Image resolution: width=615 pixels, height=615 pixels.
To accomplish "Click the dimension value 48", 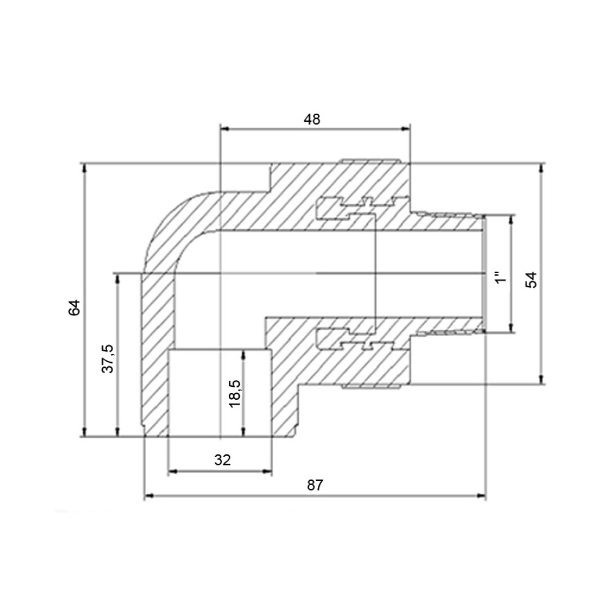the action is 312,119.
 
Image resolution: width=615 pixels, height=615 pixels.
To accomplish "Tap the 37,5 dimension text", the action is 107,359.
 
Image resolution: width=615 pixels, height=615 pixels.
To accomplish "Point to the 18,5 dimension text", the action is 235,394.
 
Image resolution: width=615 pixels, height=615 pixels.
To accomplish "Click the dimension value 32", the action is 223,459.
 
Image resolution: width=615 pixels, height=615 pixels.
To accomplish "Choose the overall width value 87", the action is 315,485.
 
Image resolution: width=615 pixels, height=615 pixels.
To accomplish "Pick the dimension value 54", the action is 531,280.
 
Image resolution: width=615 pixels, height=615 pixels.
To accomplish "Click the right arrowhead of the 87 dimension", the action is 482,496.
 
